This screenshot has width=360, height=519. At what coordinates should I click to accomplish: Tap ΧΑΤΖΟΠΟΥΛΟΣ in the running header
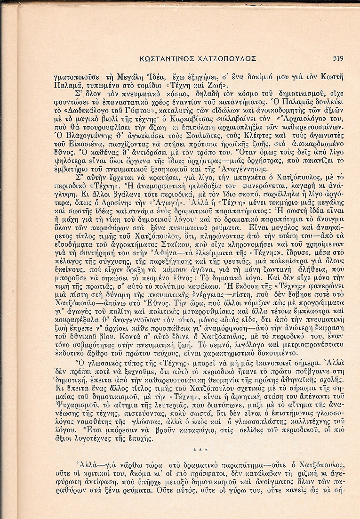click(229, 59)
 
